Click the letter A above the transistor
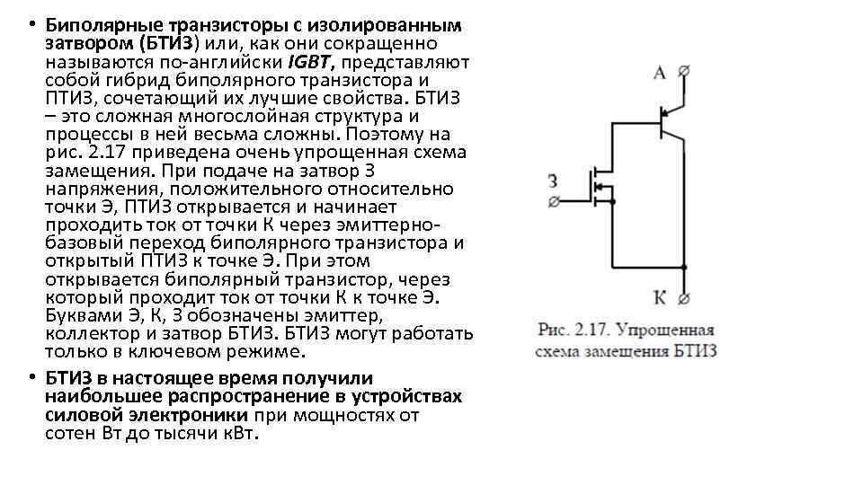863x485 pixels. click(x=660, y=73)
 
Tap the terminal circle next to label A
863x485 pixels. click(x=685, y=70)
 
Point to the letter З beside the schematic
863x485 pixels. click(x=553, y=181)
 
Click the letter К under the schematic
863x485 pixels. click(x=660, y=297)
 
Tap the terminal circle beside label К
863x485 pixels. click(x=685, y=298)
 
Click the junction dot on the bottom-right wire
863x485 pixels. click(x=685, y=267)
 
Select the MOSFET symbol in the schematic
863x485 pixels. click(x=596, y=187)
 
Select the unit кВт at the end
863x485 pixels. click(x=236, y=434)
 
